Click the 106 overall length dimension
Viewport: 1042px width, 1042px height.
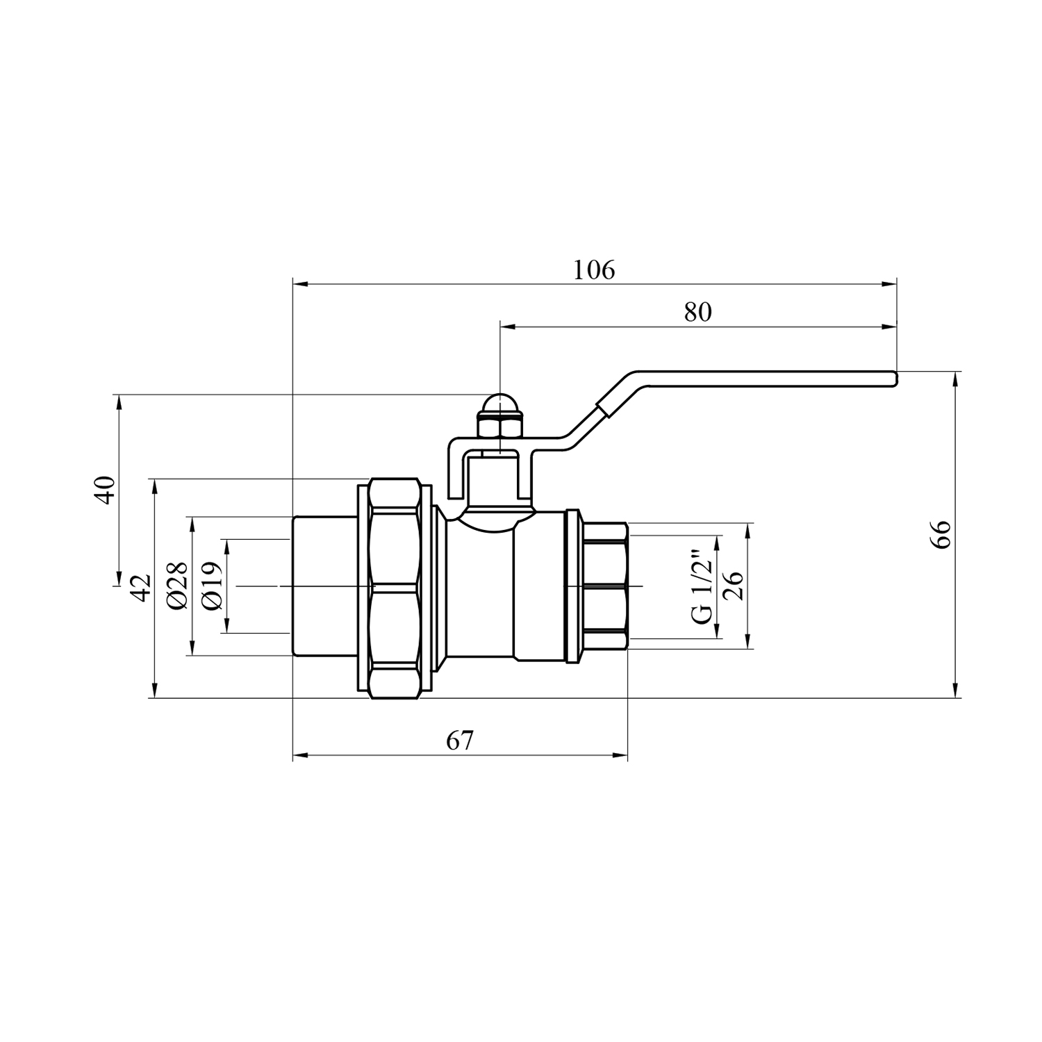[594, 270]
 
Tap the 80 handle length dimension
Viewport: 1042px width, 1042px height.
[698, 313]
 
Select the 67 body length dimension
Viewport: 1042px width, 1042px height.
[460, 741]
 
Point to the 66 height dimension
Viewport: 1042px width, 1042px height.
[941, 534]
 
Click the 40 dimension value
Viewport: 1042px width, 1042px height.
[105, 490]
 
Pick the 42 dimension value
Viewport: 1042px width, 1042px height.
[142, 588]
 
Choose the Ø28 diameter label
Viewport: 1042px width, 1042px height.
[178, 585]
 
